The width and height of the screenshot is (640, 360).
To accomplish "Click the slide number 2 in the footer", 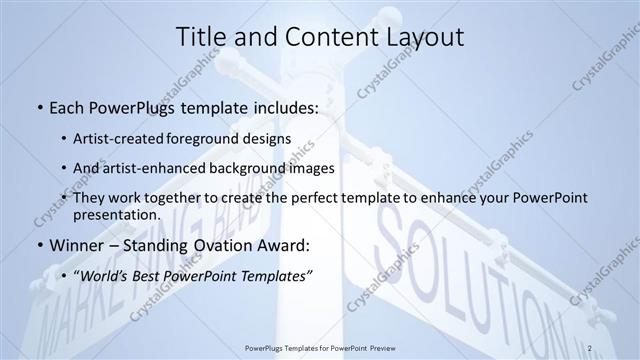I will [x=591, y=347].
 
